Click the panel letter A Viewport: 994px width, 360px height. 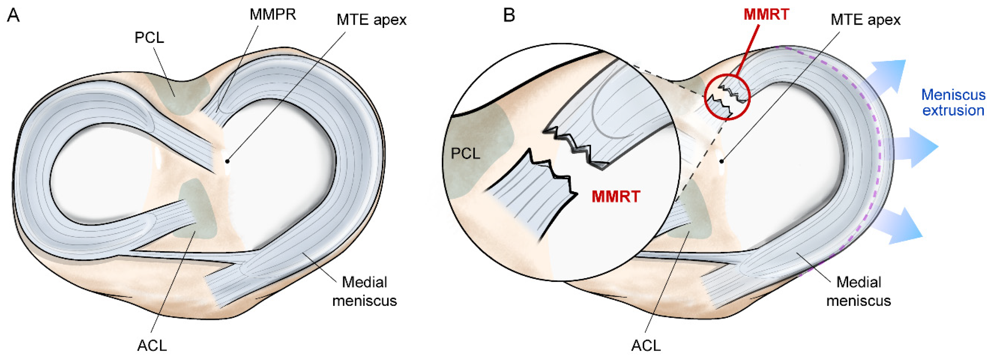[13, 16]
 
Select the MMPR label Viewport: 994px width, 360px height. [273, 15]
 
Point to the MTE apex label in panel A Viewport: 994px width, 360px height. [371, 20]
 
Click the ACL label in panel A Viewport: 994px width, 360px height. [152, 346]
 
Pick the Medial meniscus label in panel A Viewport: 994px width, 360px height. [365, 291]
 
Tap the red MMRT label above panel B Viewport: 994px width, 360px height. [766, 15]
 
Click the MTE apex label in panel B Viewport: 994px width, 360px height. [865, 20]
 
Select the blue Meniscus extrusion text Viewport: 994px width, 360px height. [953, 103]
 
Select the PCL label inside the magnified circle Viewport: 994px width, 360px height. [465, 154]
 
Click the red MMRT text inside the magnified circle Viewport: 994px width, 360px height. [616, 197]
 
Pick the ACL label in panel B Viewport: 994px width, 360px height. [646, 346]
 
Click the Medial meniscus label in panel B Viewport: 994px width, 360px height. [859, 291]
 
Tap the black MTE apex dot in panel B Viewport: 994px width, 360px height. [721, 161]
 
